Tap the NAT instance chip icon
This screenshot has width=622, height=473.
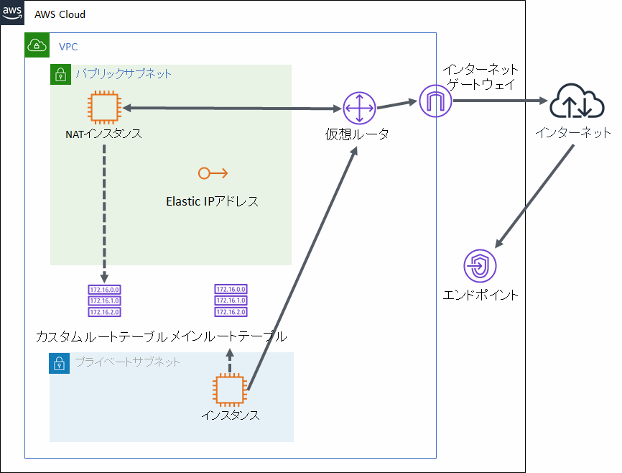pos(104,109)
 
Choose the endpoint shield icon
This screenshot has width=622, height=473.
pos(480,267)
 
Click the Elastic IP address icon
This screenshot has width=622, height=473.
pos(213,173)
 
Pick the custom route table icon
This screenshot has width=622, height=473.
pos(104,300)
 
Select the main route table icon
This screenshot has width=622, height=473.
pos(231,300)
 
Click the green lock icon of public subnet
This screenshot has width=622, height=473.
pos(60,74)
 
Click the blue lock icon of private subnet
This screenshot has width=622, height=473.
pos(60,363)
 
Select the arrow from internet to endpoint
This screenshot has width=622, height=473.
pos(536,194)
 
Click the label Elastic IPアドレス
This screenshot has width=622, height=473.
pos(212,201)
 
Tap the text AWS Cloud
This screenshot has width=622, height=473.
pos(60,14)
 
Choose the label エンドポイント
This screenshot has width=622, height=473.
pos(481,295)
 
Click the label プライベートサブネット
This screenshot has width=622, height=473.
pos(127,362)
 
